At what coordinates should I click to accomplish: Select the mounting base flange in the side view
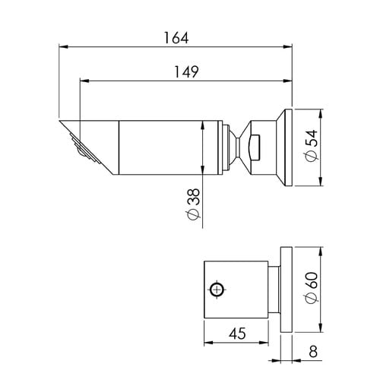pyautogui.click(x=286, y=146)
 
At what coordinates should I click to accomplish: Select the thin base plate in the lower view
pyautogui.click(x=286, y=289)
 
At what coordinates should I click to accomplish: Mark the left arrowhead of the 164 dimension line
pyautogui.click(x=63, y=47)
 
